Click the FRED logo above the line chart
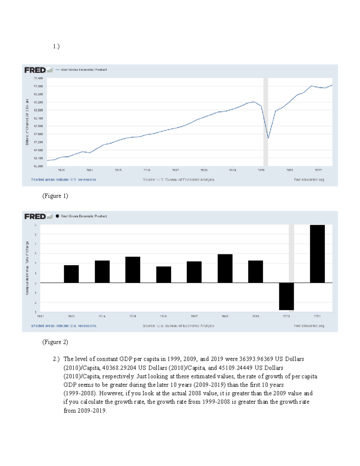click(x=35, y=70)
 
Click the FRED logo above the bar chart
click(x=35, y=216)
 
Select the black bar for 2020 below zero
click(x=286, y=296)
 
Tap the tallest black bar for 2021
click(x=317, y=254)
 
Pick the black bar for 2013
click(x=71, y=274)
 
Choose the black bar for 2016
click(x=163, y=275)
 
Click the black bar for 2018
click(x=225, y=269)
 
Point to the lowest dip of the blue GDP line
click(x=268, y=138)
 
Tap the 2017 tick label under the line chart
click(x=175, y=170)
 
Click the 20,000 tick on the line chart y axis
click(x=38, y=86)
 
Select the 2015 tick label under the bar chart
click(x=133, y=316)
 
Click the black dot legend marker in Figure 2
click(x=57, y=216)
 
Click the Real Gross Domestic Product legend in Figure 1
click(x=84, y=70)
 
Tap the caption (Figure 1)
click(x=55, y=196)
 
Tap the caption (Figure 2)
click(x=55, y=342)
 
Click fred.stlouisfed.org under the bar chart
click(x=309, y=326)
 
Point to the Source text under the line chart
click(x=178, y=180)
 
